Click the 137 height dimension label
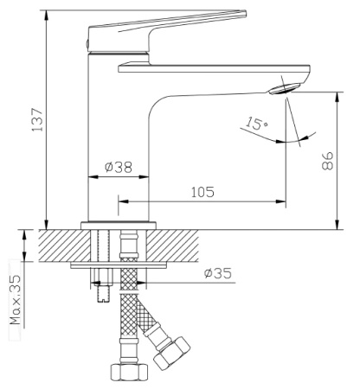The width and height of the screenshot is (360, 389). coord(37,120)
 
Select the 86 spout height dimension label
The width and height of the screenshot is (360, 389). coord(328,161)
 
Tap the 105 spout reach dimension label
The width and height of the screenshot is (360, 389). coord(202,192)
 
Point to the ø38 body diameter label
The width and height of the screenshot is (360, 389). coord(119,167)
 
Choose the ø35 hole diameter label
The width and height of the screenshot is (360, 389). coord(218,273)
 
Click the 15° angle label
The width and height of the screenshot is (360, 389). coord(256,123)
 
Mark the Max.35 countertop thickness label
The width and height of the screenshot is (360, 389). coord(16,299)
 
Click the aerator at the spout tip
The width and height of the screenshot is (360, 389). coord(285,88)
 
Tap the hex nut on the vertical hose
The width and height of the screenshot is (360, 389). coord(129,372)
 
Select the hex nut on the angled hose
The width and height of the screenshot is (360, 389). coord(171,354)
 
